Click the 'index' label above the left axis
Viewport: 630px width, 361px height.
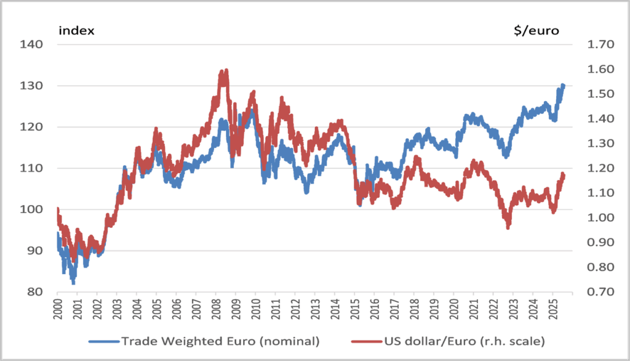click(76, 30)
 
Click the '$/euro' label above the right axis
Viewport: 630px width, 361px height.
click(536, 30)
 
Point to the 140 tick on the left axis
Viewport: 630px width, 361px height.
click(31, 44)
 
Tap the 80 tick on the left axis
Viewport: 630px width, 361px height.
click(34, 292)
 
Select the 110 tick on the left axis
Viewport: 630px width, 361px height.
click(31, 168)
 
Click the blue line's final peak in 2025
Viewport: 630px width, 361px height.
click(562, 86)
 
